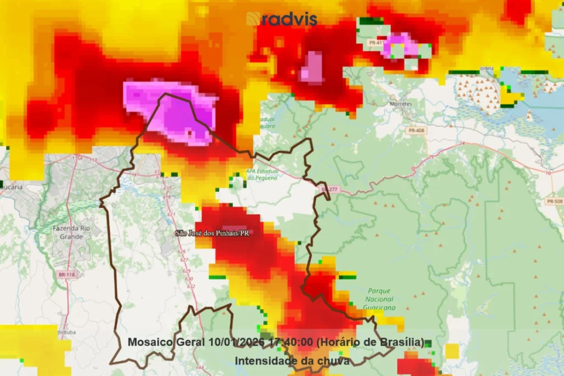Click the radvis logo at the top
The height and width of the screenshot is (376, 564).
point(282,19)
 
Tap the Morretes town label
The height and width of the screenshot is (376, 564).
point(400,103)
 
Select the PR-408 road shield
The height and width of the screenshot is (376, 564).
point(416,130)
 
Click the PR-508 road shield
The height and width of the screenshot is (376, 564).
point(555,201)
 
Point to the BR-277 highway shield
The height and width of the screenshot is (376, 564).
point(329,189)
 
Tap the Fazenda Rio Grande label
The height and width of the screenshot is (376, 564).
point(68,232)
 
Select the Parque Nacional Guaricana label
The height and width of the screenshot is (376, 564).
point(379,299)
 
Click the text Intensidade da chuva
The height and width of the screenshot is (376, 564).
point(292,361)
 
